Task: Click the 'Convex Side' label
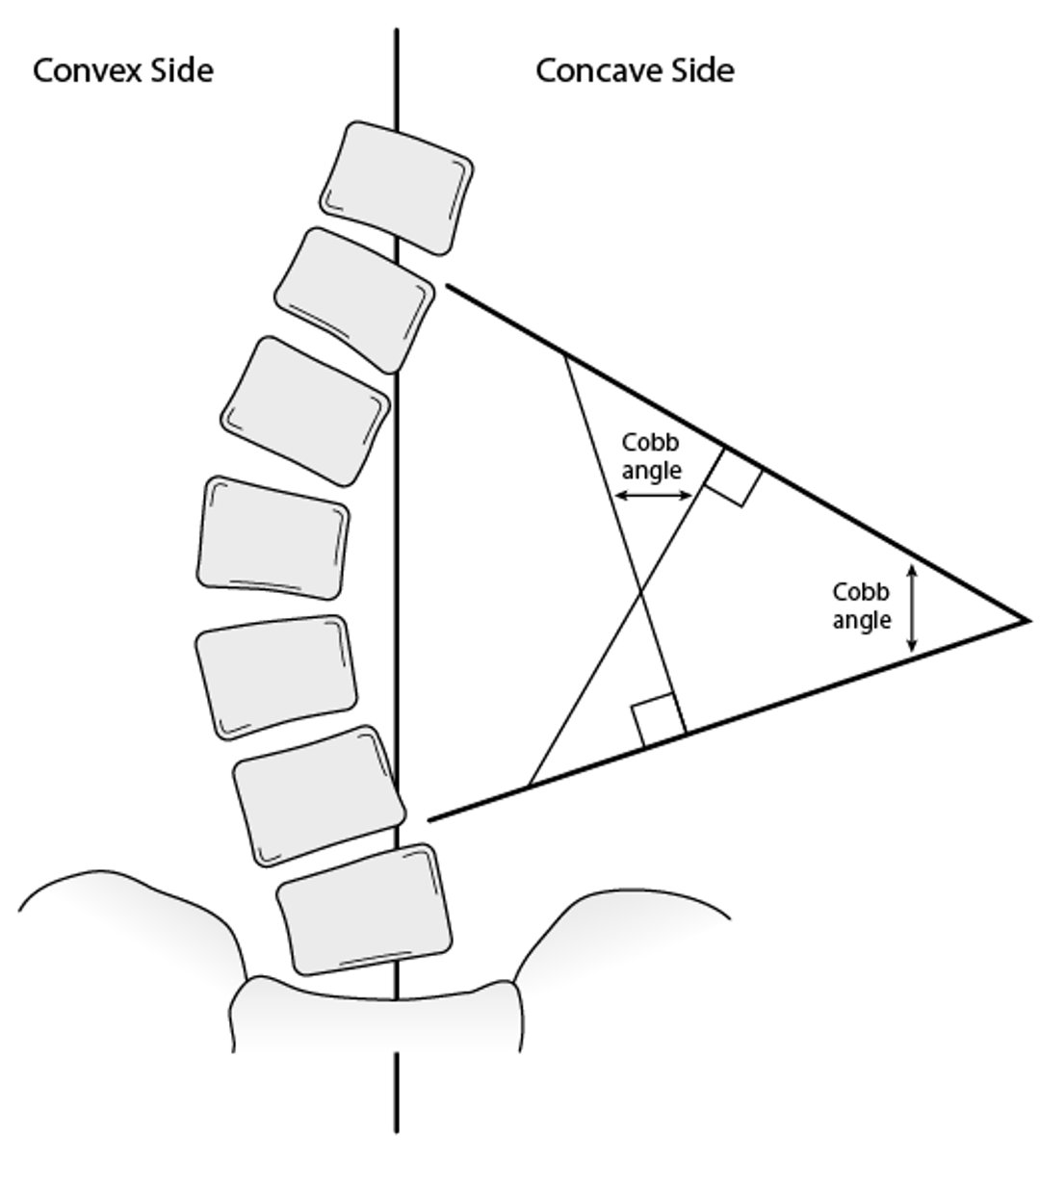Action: pyautogui.click(x=122, y=70)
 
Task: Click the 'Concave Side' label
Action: pyautogui.click(x=635, y=70)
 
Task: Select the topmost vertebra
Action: pyautogui.click(x=397, y=187)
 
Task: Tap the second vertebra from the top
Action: pyautogui.click(x=354, y=299)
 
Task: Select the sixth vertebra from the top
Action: pyautogui.click(x=318, y=795)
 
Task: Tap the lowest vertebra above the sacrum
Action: pyautogui.click(x=365, y=908)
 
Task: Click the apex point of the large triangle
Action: pyautogui.click(x=1027, y=620)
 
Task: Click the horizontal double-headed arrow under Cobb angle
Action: pyautogui.click(x=654, y=496)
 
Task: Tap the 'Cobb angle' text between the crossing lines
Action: pyautogui.click(x=651, y=457)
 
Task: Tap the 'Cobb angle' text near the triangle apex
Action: pyautogui.click(x=861, y=606)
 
